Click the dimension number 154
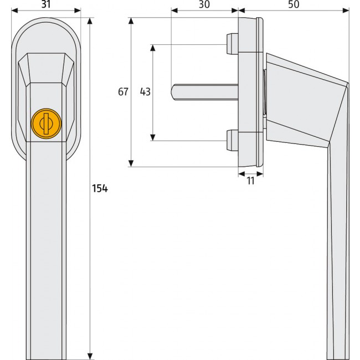pos(100,188)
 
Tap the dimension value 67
pos(123,92)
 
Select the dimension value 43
pos(145,92)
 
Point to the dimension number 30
pos(204,4)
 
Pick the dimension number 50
pos(294,4)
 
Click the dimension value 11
pos(250,181)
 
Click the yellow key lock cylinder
pos(45,122)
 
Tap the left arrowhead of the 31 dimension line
pos(13,11)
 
